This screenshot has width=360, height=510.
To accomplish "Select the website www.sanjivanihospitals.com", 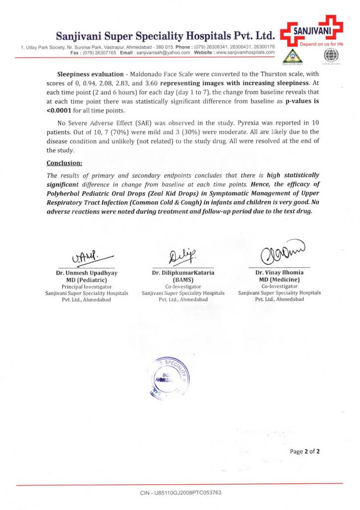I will coord(242,52).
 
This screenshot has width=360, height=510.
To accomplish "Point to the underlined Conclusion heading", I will coord(64,163).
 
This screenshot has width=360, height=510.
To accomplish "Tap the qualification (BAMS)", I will coord(183,280).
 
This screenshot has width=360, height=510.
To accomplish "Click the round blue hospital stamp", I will coord(169,377).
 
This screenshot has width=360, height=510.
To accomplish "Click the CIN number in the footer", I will coord(180,493).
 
